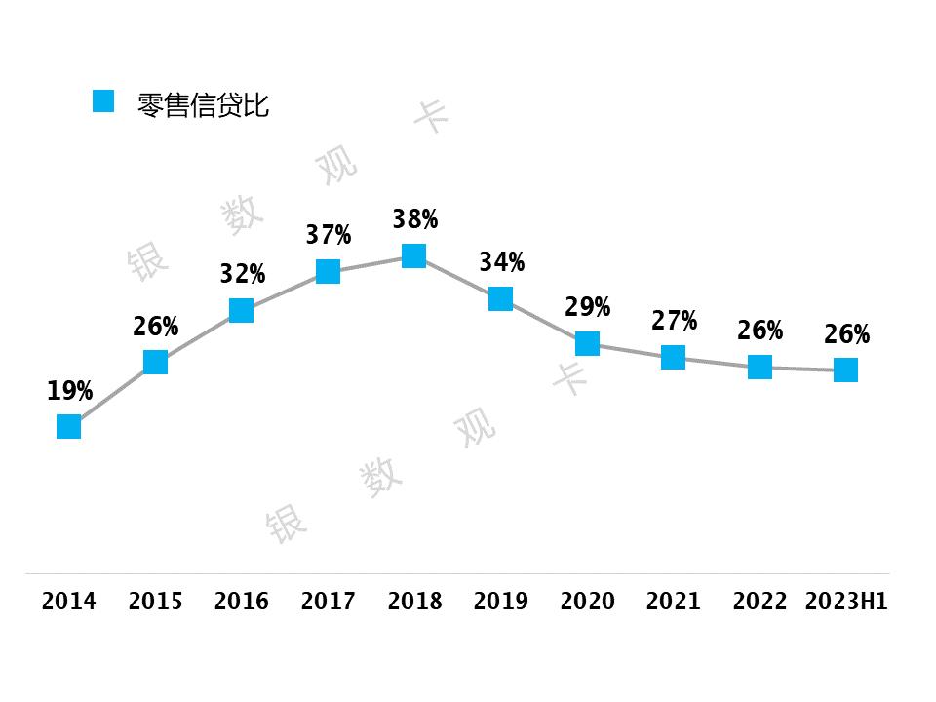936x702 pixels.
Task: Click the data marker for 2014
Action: click(68, 426)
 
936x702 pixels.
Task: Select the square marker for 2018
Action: click(414, 255)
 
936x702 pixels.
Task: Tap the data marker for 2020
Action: click(587, 343)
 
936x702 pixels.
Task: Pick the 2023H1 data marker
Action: click(846, 370)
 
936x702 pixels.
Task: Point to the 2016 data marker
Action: click(241, 310)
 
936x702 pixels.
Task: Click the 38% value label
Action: click(414, 219)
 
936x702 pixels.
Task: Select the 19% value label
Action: click(69, 391)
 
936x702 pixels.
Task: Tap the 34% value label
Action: click(501, 262)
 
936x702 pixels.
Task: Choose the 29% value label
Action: click(587, 307)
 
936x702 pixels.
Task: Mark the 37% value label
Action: click(328, 235)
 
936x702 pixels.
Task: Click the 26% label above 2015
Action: click(155, 327)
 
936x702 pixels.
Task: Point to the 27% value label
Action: click(674, 321)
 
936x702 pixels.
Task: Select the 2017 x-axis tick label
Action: click(328, 601)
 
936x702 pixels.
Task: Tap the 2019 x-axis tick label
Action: click(501, 601)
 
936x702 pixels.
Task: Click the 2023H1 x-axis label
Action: click(846, 601)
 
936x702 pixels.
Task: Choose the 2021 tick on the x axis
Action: click(674, 601)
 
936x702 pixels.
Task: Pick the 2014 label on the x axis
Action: click(69, 601)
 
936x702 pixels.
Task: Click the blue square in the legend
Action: click(103, 100)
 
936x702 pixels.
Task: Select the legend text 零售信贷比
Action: click(203, 105)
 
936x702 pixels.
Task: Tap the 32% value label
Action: click(242, 274)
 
